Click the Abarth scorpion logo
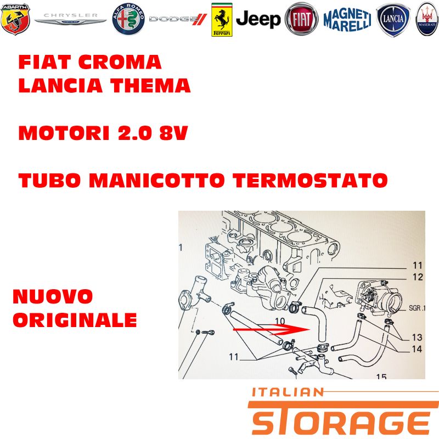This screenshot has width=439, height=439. tap(15, 19)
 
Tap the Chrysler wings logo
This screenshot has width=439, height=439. tap(70, 19)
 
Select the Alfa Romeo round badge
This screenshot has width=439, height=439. tap(128, 19)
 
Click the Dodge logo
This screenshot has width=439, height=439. tap(177, 19)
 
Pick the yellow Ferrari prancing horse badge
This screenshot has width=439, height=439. tap(222, 20)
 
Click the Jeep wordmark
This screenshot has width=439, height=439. tap(258, 19)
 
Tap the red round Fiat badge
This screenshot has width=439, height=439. tap(301, 19)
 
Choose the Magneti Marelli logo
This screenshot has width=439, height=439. tap(347, 20)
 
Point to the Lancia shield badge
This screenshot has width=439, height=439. tap(393, 20)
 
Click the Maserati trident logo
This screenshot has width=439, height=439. tap(427, 19)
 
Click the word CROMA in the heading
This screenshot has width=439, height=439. tap(120, 62)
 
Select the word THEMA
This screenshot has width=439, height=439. tap(150, 86)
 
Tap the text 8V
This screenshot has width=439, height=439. tap(173, 133)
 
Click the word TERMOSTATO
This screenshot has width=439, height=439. tap(310, 180)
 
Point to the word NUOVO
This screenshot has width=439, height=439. tap(53, 296)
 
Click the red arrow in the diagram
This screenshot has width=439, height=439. tap(272, 330)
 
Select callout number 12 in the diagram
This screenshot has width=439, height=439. tap(418, 277)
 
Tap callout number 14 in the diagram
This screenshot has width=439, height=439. tap(417, 349)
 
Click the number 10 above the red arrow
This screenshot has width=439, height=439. tap(280, 321)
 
